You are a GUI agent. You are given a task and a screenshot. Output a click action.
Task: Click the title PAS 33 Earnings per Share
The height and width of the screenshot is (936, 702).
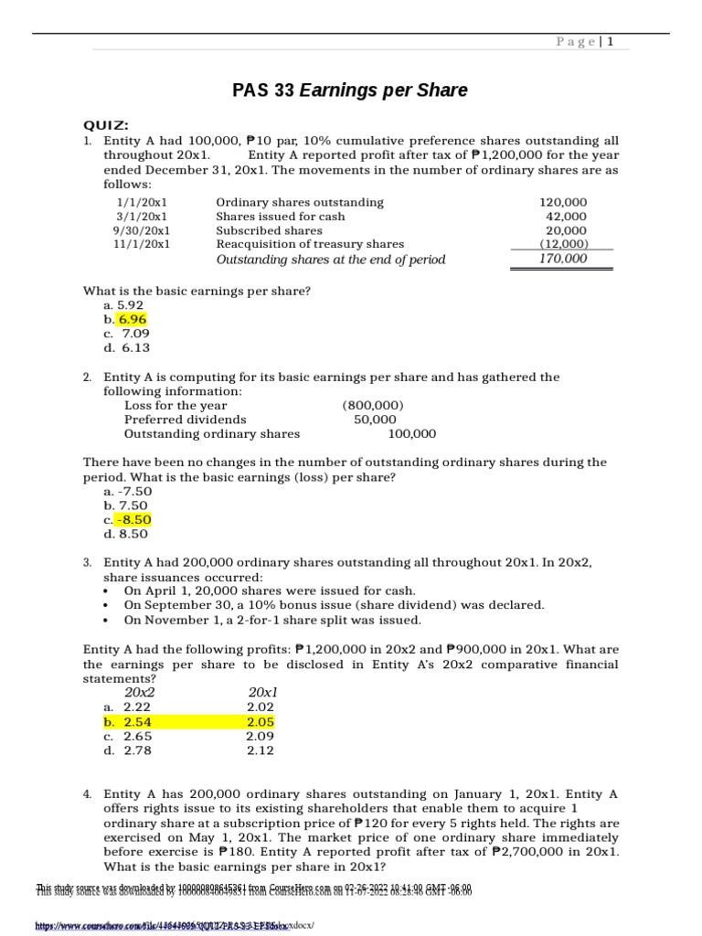(x=351, y=90)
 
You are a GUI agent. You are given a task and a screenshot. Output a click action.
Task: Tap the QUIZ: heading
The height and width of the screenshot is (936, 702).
(x=106, y=124)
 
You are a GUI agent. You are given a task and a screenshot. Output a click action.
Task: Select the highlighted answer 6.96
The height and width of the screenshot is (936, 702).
(x=132, y=319)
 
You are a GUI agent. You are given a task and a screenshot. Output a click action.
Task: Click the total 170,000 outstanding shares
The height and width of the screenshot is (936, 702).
(x=562, y=259)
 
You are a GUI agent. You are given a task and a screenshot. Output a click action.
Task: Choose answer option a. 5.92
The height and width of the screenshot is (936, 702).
(x=123, y=304)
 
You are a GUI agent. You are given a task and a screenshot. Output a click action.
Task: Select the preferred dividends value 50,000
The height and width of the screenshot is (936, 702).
(x=377, y=420)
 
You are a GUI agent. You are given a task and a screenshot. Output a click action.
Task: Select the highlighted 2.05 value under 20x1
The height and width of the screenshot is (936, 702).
(x=261, y=721)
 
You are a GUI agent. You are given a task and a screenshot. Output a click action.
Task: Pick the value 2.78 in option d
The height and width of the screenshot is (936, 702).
(x=138, y=750)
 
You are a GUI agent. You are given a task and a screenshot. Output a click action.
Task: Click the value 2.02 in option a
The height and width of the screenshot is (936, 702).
(x=261, y=707)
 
